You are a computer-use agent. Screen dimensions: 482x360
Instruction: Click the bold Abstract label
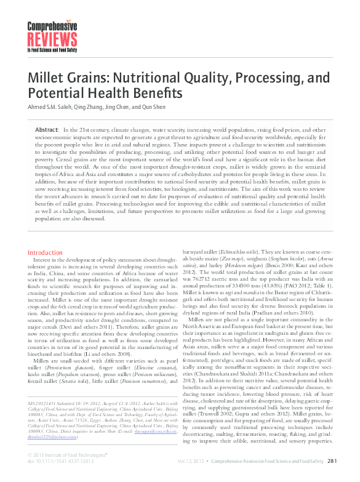pyautogui.click(x=47, y=131)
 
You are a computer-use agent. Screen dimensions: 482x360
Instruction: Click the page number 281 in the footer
pyautogui.click(x=332, y=460)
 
